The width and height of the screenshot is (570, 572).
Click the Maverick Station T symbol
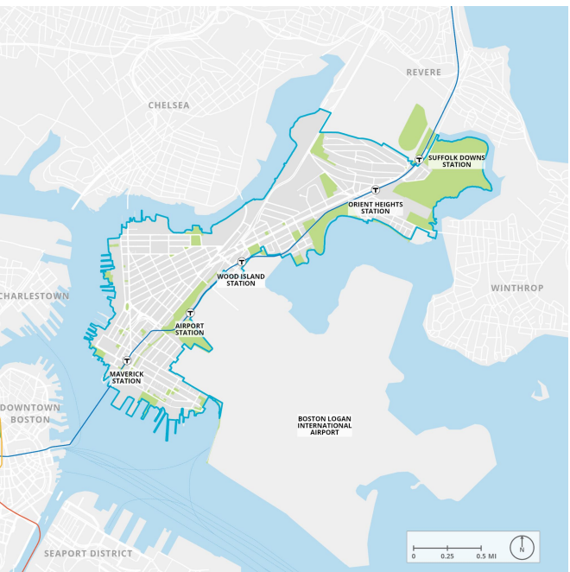click(127, 361)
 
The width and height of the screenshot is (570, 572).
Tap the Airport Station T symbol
click(190, 314)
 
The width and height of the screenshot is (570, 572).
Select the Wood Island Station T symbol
click(242, 262)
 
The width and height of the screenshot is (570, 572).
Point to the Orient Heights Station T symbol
click(376, 190)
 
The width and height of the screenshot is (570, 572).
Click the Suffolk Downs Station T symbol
click(419, 159)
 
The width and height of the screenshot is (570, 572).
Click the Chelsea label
click(168, 105)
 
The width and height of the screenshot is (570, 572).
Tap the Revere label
click(423, 73)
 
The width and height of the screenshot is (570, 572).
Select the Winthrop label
click(517, 288)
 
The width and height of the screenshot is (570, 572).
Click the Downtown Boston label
click(30, 413)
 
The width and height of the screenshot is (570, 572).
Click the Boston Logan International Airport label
click(325, 425)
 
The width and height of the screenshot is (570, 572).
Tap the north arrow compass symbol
click(522, 547)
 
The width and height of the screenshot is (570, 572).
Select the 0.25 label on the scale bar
click(446, 556)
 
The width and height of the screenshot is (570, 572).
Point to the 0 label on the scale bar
click(413, 556)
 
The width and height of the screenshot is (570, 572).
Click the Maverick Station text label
click(126, 378)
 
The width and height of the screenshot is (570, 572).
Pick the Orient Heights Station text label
click(376, 207)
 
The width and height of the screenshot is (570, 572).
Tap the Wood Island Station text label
click(241, 280)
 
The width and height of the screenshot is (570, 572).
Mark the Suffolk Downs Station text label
click(456, 161)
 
